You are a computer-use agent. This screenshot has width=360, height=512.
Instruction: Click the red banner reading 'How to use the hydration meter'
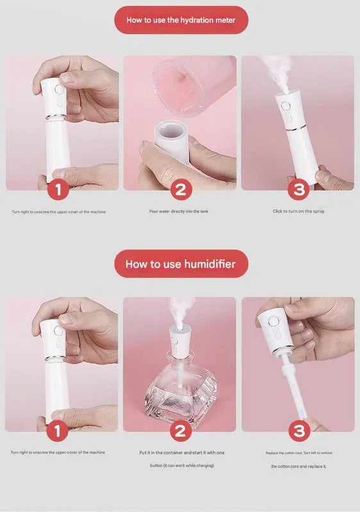(x=180, y=20)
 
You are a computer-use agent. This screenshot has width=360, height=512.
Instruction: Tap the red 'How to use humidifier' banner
(x=180, y=264)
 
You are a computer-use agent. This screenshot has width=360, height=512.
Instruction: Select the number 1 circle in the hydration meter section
(x=58, y=189)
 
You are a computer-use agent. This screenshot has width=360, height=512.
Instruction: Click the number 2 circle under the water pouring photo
(x=180, y=189)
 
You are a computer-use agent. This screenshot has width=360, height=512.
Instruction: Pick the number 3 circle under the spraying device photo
(x=298, y=189)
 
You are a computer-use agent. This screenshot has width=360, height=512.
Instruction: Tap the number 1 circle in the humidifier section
(x=58, y=431)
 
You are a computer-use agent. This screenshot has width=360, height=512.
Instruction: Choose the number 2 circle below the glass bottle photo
(x=180, y=431)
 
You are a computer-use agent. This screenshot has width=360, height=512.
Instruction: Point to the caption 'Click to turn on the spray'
(x=298, y=211)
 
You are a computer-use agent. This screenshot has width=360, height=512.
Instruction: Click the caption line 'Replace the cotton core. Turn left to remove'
(x=298, y=452)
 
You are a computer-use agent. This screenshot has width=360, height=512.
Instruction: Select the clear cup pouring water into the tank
(x=183, y=83)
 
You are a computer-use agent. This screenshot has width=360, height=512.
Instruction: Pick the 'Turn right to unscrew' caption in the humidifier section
(x=58, y=452)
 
